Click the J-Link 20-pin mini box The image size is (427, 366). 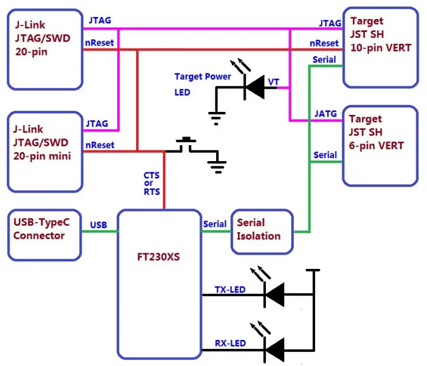point(44,151)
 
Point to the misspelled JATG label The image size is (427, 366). point(326,113)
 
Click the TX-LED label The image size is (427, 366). point(230,290)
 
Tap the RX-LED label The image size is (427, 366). point(230,343)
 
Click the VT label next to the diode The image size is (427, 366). point(274,81)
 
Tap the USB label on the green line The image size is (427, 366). point(98,224)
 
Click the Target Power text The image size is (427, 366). point(203,77)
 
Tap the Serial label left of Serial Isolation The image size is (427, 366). point(214,224)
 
